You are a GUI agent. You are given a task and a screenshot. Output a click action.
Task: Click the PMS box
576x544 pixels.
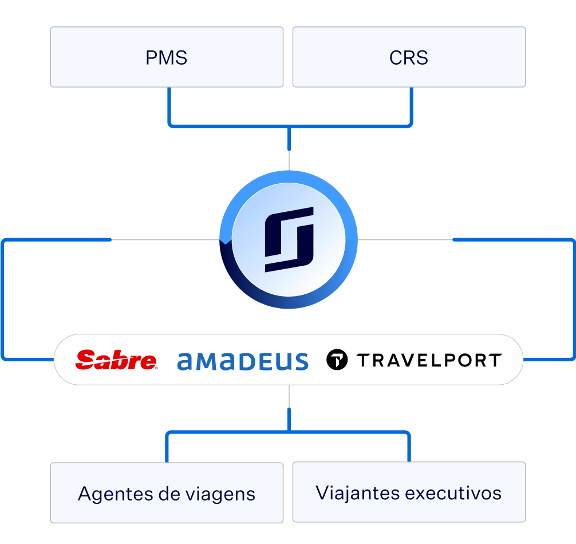167,57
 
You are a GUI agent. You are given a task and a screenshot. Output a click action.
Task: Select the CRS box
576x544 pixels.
409,57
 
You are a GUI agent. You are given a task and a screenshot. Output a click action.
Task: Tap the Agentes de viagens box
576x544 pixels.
167,492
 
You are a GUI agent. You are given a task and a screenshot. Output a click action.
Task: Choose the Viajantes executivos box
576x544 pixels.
409,492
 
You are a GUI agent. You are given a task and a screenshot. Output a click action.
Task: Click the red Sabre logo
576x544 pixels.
116,360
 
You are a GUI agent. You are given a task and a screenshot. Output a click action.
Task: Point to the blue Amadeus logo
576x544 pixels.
243,361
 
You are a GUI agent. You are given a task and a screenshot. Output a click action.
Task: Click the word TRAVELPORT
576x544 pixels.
429,360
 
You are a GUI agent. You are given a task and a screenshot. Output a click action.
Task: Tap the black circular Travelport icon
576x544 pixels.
337,360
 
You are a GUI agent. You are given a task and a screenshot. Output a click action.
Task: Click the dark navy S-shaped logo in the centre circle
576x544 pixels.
289,239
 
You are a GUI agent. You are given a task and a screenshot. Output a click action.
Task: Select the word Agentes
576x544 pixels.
116,494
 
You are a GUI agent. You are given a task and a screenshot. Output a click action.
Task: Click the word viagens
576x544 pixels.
220,494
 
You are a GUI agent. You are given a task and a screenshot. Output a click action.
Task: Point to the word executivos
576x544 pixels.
453,493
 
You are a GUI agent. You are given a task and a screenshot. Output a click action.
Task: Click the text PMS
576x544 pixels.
167,58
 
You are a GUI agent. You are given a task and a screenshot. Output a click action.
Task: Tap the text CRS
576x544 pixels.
408,58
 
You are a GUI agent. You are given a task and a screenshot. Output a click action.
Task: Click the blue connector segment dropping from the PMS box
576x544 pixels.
169,105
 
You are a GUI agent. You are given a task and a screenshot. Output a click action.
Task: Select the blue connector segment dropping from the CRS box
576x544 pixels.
412,105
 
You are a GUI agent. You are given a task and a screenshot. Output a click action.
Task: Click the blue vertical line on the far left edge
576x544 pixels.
2,299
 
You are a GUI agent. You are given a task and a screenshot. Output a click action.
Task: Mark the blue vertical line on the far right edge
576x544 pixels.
574,299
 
